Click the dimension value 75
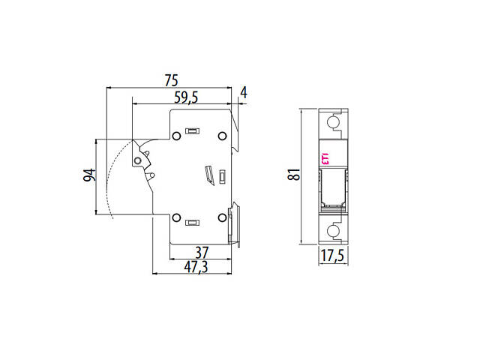[x=171, y=79]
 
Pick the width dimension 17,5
[x=333, y=257]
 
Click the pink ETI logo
[x=325, y=158]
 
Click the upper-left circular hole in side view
[x=176, y=136]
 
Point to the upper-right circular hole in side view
[x=222, y=136]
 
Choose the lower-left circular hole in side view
[x=176, y=218]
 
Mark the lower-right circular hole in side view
[x=222, y=218]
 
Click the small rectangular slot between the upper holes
[x=192, y=131]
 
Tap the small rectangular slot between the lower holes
[x=192, y=222]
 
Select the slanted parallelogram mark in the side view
[x=211, y=175]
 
